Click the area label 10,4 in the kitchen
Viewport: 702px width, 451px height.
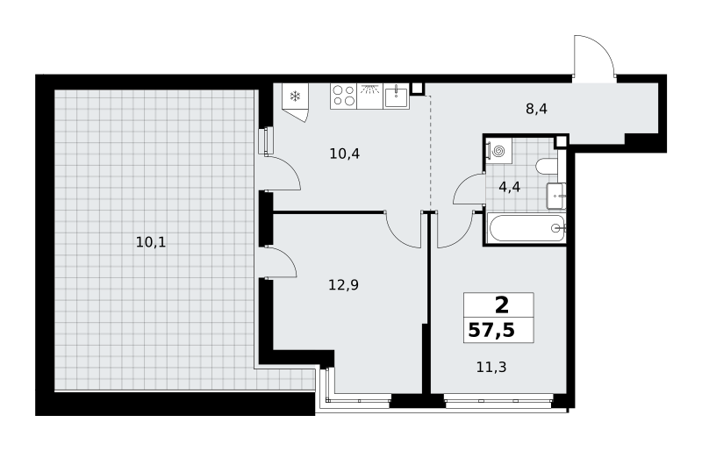345,154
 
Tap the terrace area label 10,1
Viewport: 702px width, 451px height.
151,243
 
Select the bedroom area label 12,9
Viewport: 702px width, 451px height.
343,285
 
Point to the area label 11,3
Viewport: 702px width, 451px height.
491,368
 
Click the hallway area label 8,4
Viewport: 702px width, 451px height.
536,109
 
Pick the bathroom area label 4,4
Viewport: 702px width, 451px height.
510,187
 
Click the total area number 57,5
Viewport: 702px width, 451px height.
491,331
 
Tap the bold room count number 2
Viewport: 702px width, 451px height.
502,305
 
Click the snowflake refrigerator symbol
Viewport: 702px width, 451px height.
295,96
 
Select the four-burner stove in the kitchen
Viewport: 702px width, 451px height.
343,96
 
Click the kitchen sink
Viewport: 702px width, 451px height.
397,97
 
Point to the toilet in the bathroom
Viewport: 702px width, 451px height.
546,167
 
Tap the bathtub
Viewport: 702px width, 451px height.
527,228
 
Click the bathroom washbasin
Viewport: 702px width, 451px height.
555,196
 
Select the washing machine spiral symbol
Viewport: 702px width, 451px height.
498,151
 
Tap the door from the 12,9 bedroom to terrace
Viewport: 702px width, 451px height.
286,256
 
